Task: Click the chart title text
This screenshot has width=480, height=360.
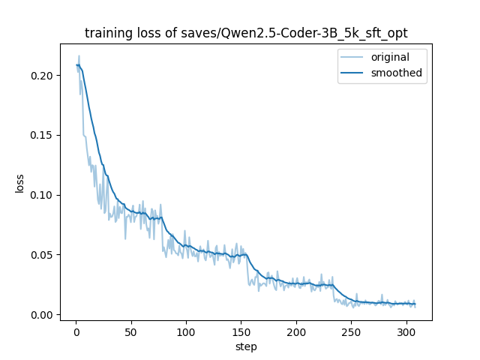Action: [246, 33]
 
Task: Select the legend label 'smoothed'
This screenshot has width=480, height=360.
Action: [397, 73]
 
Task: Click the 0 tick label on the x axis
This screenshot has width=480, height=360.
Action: [76, 331]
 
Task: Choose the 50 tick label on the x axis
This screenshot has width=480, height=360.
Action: [131, 331]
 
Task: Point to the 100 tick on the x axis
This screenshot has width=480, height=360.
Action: [186, 331]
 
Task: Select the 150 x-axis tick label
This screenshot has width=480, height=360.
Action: [241, 331]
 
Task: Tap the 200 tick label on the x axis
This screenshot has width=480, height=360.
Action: [296, 331]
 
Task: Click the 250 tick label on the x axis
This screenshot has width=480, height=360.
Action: [352, 331]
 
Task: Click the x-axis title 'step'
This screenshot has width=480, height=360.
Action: [246, 346]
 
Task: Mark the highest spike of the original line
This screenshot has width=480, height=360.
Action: [79, 55]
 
